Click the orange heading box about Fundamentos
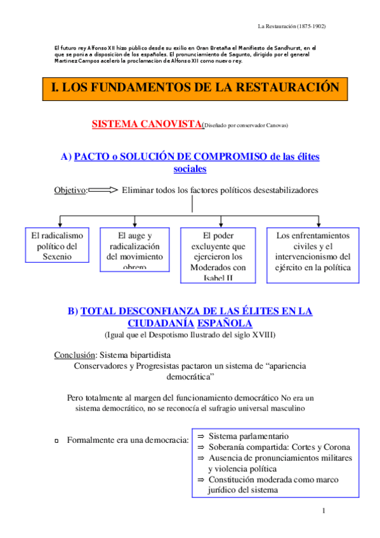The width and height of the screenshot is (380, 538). click(x=195, y=88)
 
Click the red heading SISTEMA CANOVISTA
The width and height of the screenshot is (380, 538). click(x=147, y=124)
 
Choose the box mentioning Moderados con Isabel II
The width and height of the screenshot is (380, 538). click(x=219, y=254)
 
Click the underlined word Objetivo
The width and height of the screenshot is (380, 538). click(x=70, y=190)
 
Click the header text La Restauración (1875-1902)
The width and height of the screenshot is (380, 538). click(x=291, y=26)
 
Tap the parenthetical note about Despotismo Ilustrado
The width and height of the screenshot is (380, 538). click(x=190, y=334)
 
